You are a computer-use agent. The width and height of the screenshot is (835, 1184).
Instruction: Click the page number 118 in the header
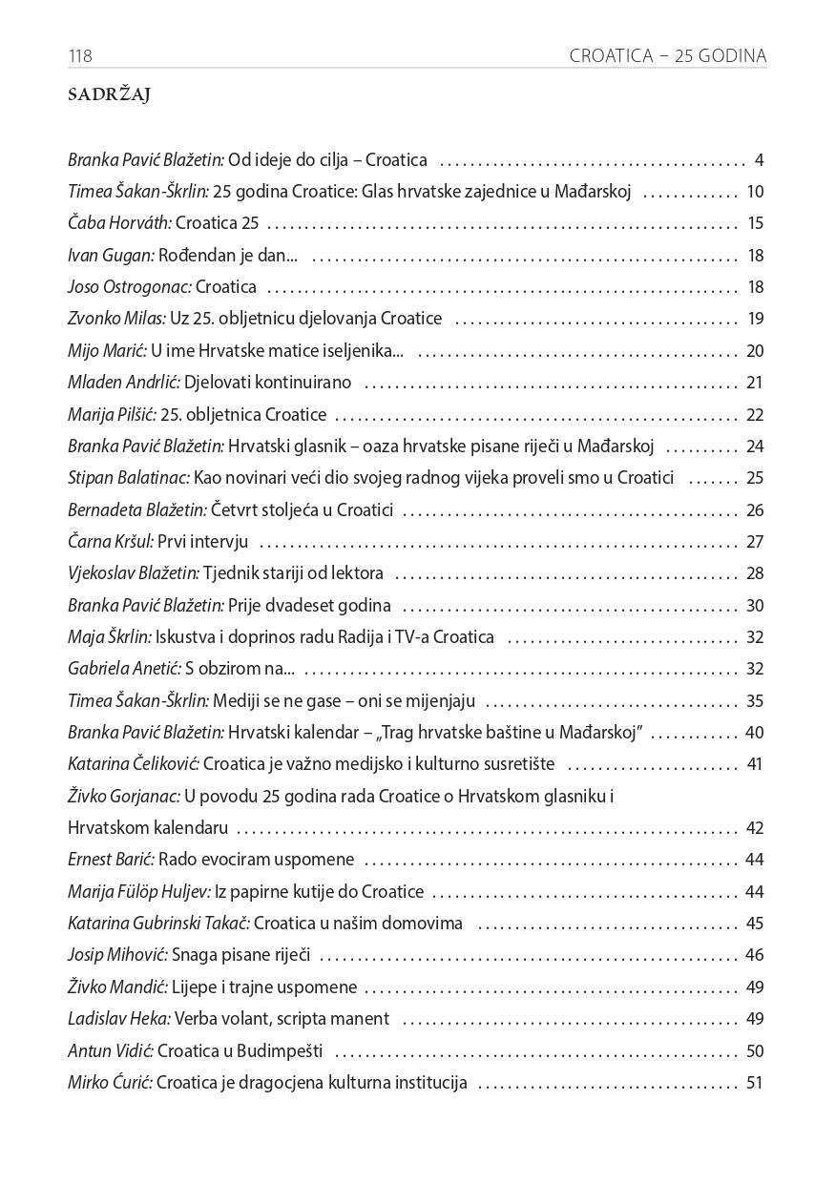pyautogui.click(x=80, y=56)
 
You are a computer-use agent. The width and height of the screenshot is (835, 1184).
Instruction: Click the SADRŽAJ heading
pyautogui.click(x=110, y=95)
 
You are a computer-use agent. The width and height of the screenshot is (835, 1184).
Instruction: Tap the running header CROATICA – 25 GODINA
pyautogui.click(x=667, y=56)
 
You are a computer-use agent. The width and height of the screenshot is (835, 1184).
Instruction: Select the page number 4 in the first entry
pyautogui.click(x=759, y=160)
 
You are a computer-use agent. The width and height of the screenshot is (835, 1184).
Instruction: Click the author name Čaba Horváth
pyautogui.click(x=119, y=224)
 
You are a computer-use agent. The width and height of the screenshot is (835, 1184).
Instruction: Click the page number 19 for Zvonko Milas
pyautogui.click(x=756, y=319)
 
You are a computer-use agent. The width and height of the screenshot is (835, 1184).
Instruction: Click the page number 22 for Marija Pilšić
pyautogui.click(x=755, y=415)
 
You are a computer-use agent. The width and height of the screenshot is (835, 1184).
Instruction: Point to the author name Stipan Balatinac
pyautogui.click(x=129, y=478)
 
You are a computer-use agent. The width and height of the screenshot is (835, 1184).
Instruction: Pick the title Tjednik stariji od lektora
pyautogui.click(x=293, y=573)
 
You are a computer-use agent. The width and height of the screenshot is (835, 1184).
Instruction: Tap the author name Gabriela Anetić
pyautogui.click(x=115, y=669)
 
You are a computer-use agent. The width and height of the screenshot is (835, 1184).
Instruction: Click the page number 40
pyautogui.click(x=755, y=733)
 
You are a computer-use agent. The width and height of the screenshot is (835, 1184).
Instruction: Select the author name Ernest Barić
pyautogui.click(x=111, y=860)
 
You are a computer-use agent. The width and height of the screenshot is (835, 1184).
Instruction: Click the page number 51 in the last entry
pyautogui.click(x=755, y=1083)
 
